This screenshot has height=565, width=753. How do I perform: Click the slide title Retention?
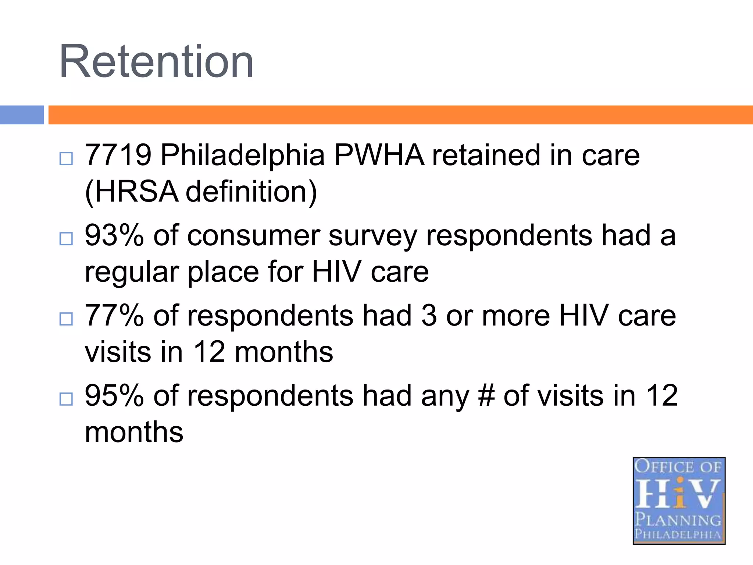point(156,61)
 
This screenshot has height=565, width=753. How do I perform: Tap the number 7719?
point(118,155)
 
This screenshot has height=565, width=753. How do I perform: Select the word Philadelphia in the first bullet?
point(243,155)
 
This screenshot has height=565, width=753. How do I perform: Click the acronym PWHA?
point(379,155)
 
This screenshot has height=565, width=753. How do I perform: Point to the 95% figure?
point(114,396)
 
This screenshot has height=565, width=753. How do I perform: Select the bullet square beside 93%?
point(66,239)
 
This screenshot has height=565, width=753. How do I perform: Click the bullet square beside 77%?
point(66,319)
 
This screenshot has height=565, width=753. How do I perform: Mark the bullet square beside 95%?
point(66,399)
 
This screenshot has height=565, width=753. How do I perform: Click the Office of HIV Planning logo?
point(679,501)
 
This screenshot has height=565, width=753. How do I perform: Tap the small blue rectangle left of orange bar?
point(22,115)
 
